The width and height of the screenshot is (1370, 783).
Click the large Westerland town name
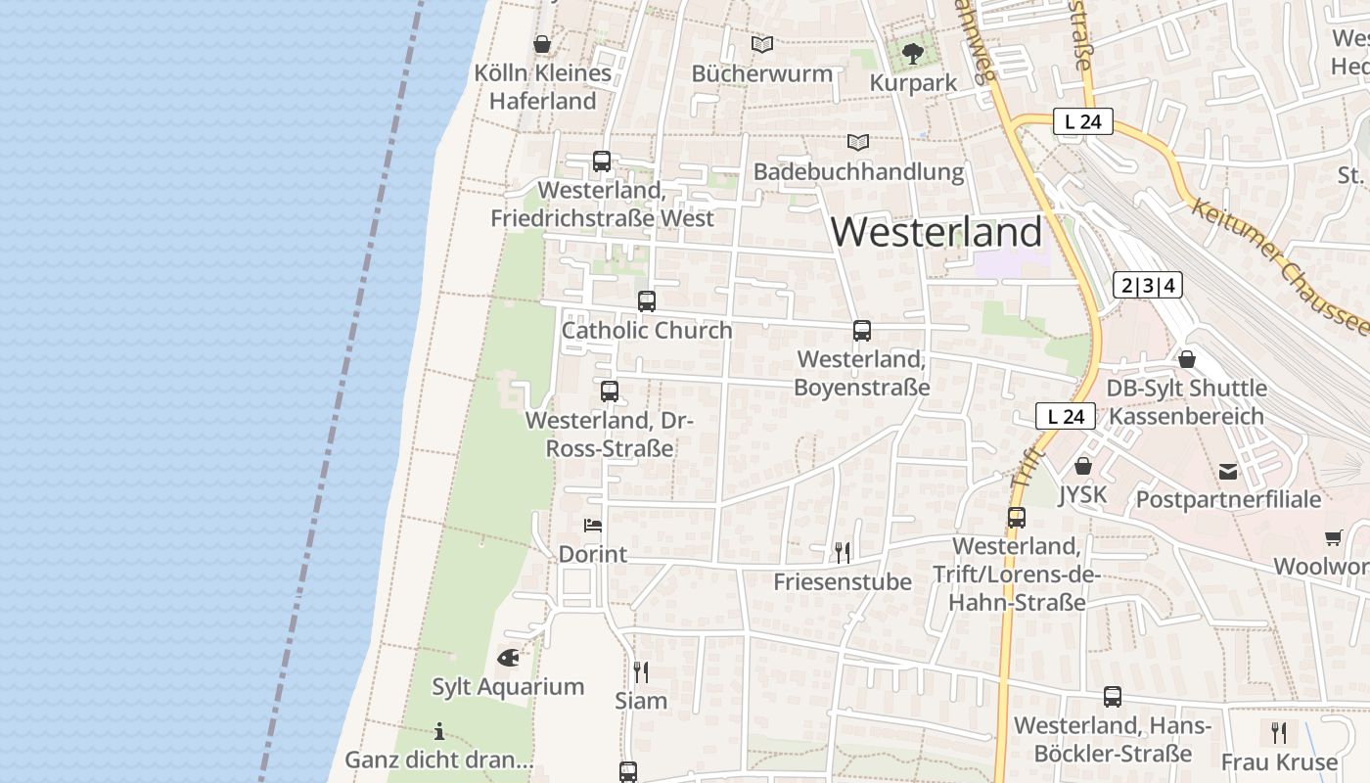point(936,232)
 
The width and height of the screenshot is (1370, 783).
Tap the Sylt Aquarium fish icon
point(508,658)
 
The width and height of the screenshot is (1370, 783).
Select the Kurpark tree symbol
point(913,53)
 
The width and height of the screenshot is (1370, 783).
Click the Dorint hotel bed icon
point(593,526)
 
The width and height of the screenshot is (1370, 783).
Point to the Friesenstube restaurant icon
point(843,553)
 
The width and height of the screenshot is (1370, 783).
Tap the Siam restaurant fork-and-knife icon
point(641,671)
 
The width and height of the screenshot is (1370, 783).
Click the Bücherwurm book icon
point(762,44)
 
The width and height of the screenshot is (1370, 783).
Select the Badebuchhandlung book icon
point(858,143)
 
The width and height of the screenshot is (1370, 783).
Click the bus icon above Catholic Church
point(646,301)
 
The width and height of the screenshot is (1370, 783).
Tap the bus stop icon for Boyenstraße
point(861,331)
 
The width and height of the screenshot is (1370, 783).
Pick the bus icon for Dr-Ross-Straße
point(610,391)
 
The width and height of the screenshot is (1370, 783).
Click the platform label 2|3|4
point(1148,286)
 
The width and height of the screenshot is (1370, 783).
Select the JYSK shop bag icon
point(1082,466)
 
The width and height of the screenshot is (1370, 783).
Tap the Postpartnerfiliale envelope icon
point(1228,473)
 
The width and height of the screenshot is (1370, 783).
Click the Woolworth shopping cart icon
point(1333,537)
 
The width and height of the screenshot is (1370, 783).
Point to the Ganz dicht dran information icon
point(439,731)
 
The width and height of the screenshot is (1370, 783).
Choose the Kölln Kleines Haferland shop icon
point(542,44)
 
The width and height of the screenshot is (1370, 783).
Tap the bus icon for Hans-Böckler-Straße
point(1113,697)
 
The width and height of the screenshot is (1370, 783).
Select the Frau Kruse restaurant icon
point(1278,732)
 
